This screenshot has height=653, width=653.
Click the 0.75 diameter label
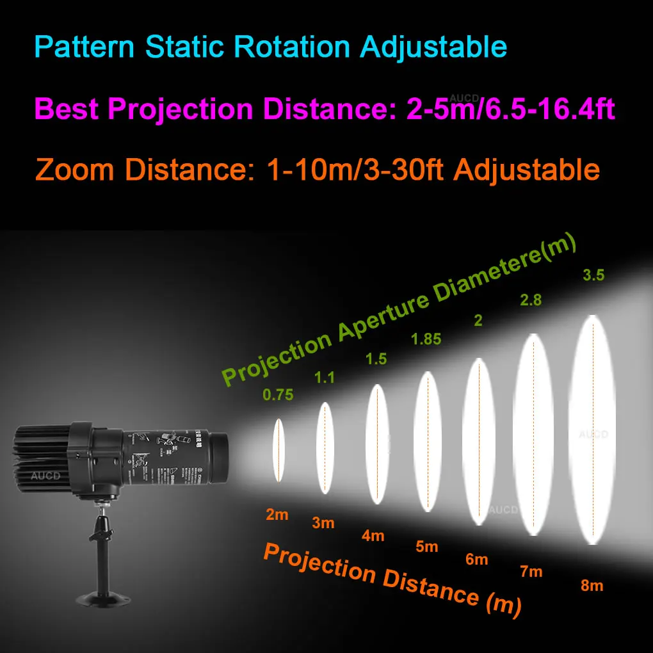pyautogui.click(x=278, y=395)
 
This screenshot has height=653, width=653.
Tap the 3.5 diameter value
pyautogui.click(x=593, y=276)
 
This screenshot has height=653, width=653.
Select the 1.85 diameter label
pyautogui.click(x=427, y=339)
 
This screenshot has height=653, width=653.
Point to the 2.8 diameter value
pyautogui.click(x=531, y=300)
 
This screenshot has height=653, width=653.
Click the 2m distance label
pyautogui.click(x=277, y=514)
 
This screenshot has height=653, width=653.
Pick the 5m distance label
pyautogui.click(x=426, y=547)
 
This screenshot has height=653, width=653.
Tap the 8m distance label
pyautogui.click(x=592, y=585)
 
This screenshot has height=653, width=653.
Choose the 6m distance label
pyautogui.click(x=477, y=560)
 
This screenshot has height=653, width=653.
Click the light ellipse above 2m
pyautogui.click(x=278, y=450)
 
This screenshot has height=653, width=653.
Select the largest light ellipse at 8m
pyautogui.click(x=592, y=429)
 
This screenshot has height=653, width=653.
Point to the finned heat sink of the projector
pyautogui.click(x=42, y=458)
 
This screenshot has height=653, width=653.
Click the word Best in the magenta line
pyautogui.click(x=66, y=109)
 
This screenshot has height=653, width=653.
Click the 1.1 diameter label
pyautogui.click(x=325, y=378)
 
